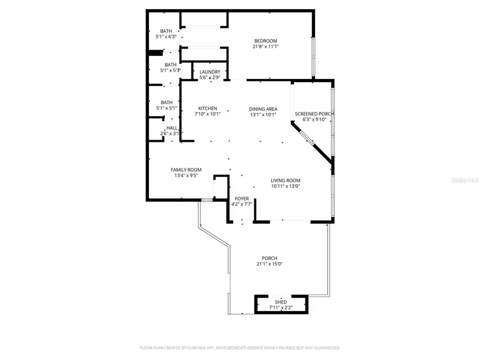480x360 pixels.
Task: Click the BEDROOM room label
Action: pyautogui.click(x=265, y=41)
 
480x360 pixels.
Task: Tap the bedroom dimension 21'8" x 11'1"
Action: pyautogui.click(x=265, y=47)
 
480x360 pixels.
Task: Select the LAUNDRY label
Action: pyautogui.click(x=210, y=72)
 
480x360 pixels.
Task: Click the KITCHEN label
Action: pyautogui.click(x=207, y=108)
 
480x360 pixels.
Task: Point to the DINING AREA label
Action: pyautogui.click(x=263, y=108)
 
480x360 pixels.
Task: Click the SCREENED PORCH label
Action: pyautogui.click(x=314, y=114)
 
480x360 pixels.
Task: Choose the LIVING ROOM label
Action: pyautogui.click(x=285, y=180)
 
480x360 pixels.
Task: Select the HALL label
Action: pyautogui.click(x=172, y=128)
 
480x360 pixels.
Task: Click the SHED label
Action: pyautogui.click(x=281, y=302)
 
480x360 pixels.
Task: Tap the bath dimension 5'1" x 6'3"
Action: pyautogui.click(x=166, y=37)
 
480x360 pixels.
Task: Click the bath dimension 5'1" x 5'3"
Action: pyautogui.click(x=166, y=70)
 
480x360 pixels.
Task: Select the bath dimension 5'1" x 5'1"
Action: pyautogui.click(x=166, y=108)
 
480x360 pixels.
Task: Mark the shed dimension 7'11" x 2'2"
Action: pyautogui.click(x=281, y=308)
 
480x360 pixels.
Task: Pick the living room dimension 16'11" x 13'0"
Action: pyautogui.click(x=285, y=186)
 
